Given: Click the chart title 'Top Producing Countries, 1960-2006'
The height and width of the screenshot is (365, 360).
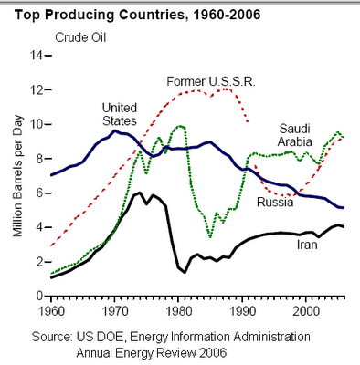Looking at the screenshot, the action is tap(137, 15).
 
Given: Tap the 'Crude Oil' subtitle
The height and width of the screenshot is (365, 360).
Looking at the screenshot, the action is tap(80, 37).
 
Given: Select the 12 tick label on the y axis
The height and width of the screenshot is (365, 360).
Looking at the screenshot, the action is tap(37, 89).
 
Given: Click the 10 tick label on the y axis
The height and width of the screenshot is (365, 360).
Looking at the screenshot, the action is tap(37, 124).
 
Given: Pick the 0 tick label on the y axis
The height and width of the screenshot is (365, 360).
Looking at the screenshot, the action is tap(39, 296).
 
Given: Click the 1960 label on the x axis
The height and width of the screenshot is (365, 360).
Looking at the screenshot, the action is tap(51, 311).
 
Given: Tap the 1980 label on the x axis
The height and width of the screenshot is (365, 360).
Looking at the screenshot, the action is tap(179, 311).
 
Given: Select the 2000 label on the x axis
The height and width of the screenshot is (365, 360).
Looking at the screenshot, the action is tap(306, 311).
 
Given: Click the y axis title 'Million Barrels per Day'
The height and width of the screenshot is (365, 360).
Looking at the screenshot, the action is tap(17, 176).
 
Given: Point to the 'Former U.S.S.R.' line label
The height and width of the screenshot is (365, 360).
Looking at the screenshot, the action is tap(211, 81).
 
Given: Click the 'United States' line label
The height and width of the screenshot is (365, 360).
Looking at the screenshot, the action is tap(120, 114).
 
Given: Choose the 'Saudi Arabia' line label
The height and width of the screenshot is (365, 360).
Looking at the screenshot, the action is tap(295, 135).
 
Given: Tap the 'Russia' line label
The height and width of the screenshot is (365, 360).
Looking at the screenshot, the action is tap(275, 202).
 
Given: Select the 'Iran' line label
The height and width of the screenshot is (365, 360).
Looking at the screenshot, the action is tap(307, 245).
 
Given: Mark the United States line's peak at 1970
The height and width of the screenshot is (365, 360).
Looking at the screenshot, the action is tap(115, 130).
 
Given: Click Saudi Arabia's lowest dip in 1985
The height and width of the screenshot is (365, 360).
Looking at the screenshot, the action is tap(210, 236).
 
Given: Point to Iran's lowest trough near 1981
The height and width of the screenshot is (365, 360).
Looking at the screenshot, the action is tap(185, 272).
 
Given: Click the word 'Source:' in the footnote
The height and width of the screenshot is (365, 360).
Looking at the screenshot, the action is tap(52, 337).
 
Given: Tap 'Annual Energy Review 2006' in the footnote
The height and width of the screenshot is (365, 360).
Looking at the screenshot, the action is tap(152, 353).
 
